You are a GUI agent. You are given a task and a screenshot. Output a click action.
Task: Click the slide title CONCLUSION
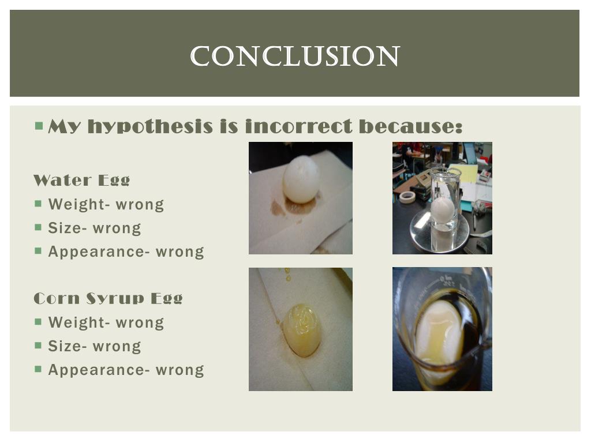click(x=295, y=57)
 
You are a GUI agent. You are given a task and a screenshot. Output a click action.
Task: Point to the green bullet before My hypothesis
click(x=39, y=125)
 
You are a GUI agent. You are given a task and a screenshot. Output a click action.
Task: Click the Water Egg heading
click(x=81, y=180)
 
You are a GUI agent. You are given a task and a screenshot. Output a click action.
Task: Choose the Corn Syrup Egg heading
click(x=108, y=298)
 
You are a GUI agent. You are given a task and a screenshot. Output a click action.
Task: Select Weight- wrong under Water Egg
click(x=106, y=204)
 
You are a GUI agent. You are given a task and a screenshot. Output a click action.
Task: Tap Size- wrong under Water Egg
click(x=94, y=228)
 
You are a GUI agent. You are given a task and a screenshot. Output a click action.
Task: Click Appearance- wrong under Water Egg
click(x=126, y=251)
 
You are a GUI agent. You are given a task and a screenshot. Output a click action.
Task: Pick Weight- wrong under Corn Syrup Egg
click(x=106, y=322)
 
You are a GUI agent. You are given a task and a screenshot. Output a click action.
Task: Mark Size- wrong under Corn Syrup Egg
click(x=94, y=346)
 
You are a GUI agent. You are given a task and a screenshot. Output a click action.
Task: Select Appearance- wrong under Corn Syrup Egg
click(x=126, y=370)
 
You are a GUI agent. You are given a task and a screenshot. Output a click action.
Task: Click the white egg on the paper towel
click(x=301, y=179)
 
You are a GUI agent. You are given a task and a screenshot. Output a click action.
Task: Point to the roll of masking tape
click(x=407, y=197)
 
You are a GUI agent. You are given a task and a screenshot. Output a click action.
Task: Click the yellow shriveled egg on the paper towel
click(x=302, y=329)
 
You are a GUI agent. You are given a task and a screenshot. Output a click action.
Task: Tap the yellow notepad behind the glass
click(x=466, y=172)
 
